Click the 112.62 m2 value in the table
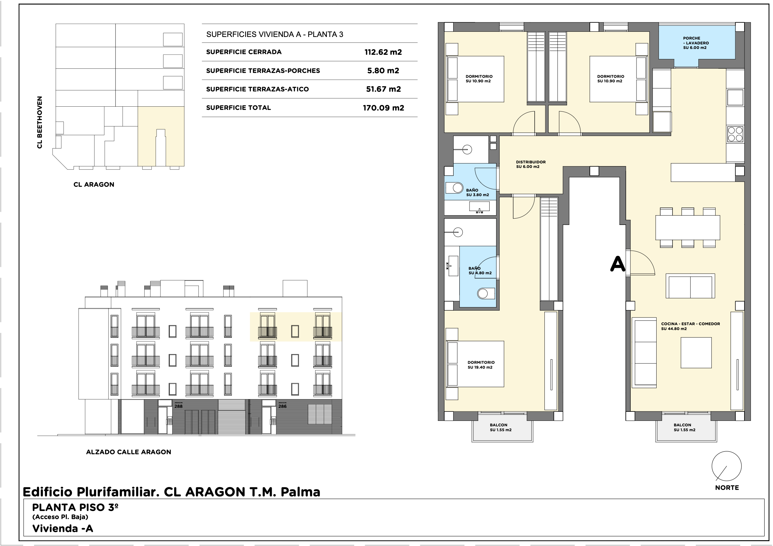point(383,52)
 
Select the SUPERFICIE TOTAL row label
point(238,108)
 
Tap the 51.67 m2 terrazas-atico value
point(384,89)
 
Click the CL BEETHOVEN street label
point(40,122)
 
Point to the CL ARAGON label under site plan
point(94,184)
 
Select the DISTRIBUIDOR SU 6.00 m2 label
point(530,164)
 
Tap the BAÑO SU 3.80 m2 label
point(477,193)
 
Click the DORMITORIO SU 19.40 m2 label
point(481,365)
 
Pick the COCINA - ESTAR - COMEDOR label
point(691,324)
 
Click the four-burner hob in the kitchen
point(735,134)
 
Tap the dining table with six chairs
point(687,228)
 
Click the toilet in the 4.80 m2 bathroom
point(486,293)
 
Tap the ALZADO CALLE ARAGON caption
point(129,452)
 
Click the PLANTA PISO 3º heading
point(75,507)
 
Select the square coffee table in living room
point(696,353)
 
